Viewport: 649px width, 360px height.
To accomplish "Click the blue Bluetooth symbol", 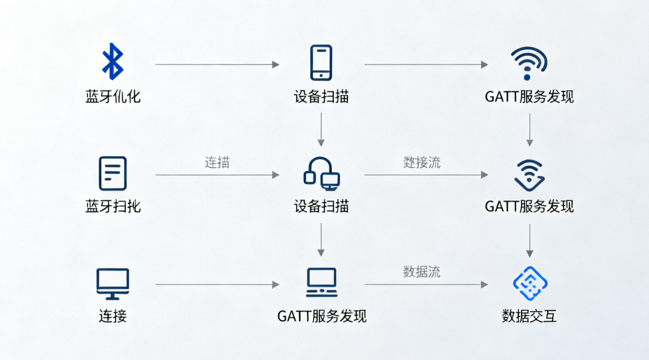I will [x=112, y=61].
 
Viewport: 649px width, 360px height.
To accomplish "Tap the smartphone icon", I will [x=321, y=62].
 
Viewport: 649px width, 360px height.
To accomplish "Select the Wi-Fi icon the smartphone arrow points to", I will [x=529, y=63].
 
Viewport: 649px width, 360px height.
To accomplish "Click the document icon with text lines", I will [x=112, y=174].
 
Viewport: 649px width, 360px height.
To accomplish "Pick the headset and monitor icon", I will [x=321, y=174].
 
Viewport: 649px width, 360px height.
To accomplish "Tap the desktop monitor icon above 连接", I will [x=112, y=284].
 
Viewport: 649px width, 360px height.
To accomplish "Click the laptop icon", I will [x=321, y=283].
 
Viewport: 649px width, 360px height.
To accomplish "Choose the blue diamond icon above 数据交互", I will [x=529, y=283].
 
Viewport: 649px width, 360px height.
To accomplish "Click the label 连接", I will [x=112, y=316].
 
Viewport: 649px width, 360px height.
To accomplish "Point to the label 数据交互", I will [x=529, y=316].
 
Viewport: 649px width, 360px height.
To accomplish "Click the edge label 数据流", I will [x=421, y=272].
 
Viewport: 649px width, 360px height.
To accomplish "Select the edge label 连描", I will [x=217, y=163].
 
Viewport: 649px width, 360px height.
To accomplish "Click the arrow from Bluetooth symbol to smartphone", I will [x=217, y=65].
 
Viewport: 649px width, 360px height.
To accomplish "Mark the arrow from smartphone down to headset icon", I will [x=321, y=129].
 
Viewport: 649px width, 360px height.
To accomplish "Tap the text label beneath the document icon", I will [x=112, y=206].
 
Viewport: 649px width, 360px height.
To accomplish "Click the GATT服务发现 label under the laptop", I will [x=322, y=316].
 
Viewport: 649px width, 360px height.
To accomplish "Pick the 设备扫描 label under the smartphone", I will [x=321, y=97].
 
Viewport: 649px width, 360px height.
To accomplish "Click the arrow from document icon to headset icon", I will [x=217, y=175].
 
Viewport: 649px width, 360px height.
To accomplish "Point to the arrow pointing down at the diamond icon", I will [x=530, y=240].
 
